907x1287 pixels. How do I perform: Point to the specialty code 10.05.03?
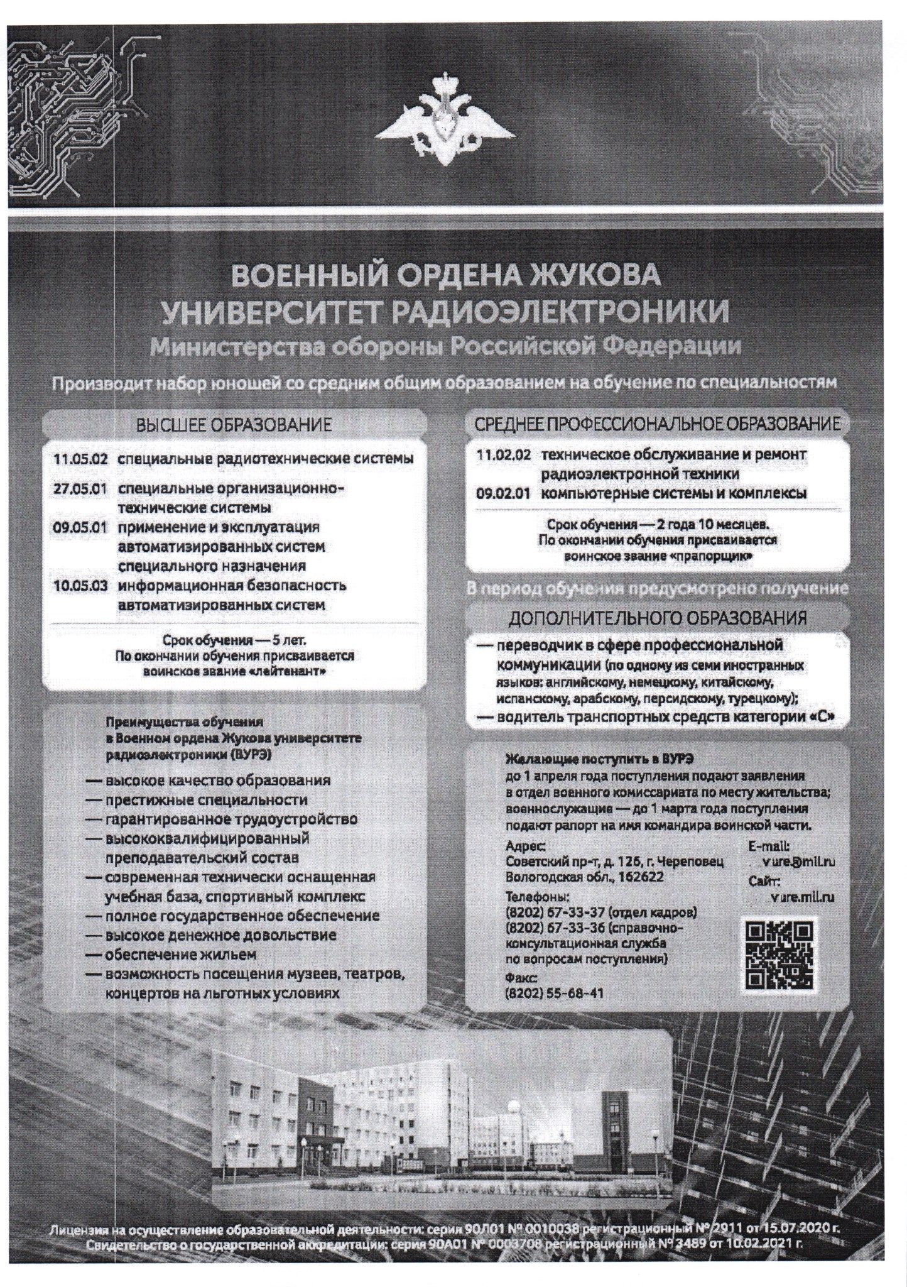[79, 586]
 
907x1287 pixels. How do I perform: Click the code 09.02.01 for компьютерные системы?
[503, 493]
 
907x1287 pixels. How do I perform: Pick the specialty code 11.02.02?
[503, 454]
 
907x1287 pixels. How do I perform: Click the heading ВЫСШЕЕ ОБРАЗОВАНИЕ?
[234, 425]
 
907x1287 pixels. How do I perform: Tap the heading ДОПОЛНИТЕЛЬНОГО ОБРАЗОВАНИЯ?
[657, 617]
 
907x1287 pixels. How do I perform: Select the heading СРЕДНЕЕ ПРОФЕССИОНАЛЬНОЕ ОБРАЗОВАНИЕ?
[657, 424]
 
